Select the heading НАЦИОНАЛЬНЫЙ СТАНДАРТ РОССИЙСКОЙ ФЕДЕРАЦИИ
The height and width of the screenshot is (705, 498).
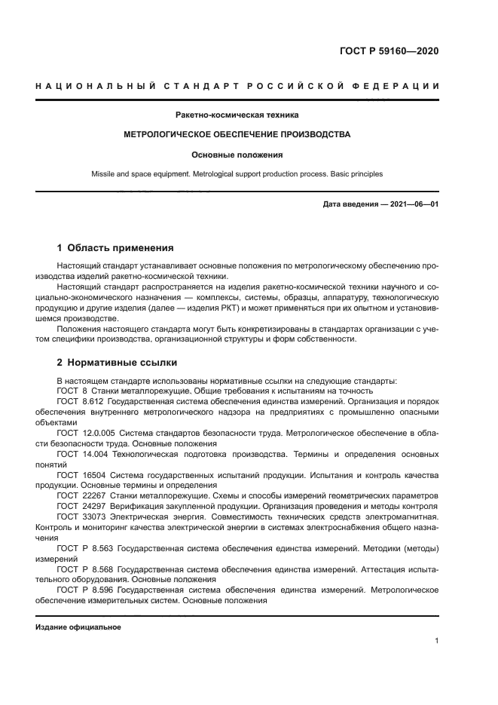pyautogui.click(x=237, y=87)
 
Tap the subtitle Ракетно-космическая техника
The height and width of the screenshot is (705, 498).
pyautogui.click(x=237, y=115)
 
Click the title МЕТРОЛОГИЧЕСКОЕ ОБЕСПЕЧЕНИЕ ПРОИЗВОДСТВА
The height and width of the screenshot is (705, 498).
pyautogui.click(x=237, y=135)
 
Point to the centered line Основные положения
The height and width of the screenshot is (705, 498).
pyautogui.click(x=237, y=155)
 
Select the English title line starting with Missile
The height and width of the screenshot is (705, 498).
pyautogui.click(x=237, y=174)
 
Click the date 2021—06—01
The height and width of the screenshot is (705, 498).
pyautogui.click(x=413, y=204)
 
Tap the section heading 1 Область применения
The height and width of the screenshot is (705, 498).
pyautogui.click(x=115, y=247)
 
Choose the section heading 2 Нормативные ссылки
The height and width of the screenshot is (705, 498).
pyautogui.click(x=112, y=362)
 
